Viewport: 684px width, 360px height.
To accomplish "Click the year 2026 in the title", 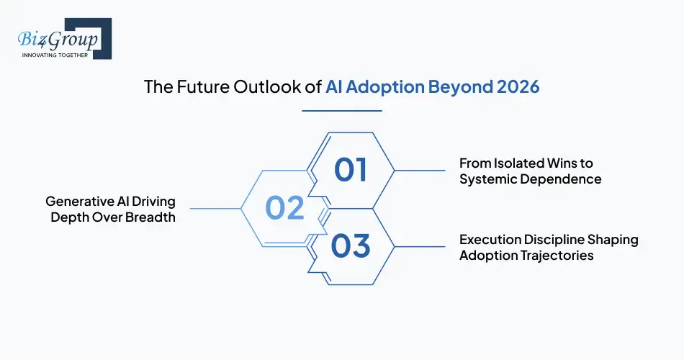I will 518,87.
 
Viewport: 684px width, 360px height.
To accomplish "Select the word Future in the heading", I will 193,87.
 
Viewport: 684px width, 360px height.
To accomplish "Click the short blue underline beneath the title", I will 341,111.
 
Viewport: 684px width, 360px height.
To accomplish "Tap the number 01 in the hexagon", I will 350,170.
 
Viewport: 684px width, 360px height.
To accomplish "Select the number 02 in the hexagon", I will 284,208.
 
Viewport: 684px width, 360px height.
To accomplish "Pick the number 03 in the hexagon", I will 350,246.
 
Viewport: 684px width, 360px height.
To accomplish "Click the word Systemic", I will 489,179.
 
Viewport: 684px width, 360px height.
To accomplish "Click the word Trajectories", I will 557,256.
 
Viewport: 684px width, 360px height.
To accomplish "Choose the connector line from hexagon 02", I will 215,208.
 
